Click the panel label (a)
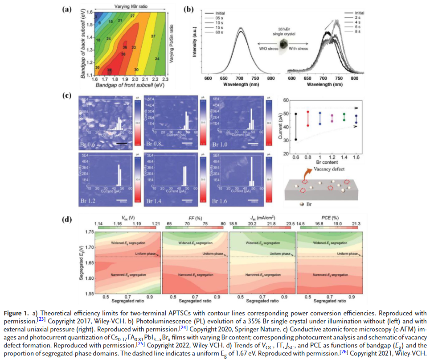66,8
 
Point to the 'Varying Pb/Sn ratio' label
172,44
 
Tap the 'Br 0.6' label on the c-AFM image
88,144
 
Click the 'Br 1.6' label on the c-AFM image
221,201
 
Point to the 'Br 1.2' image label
88,201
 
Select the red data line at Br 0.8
308,118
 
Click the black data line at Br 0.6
295,127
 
